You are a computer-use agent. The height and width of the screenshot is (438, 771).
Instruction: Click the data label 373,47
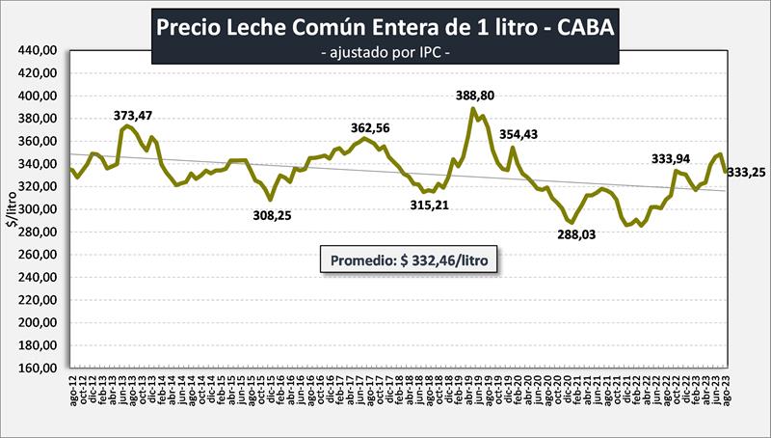(132, 116)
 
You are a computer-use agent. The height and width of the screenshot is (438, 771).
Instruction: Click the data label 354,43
(523, 134)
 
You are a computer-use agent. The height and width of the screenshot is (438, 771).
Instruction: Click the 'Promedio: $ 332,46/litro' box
(410, 260)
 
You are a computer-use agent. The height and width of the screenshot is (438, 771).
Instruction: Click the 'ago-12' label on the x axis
(74, 397)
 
